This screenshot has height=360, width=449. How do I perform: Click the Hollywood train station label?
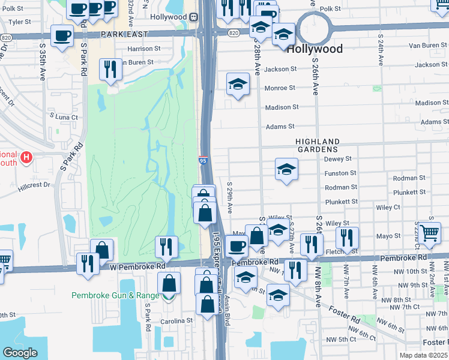point(169,17)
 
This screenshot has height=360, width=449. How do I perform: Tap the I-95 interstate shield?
point(205,161)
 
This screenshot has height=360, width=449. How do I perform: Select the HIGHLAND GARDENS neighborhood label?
point(317,145)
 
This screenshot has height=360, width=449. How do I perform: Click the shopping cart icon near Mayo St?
point(430,233)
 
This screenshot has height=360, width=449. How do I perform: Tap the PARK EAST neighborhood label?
point(124,35)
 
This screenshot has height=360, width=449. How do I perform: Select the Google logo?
point(20,353)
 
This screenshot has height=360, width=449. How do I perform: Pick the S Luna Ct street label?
point(64,117)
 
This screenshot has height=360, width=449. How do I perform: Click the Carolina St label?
point(176,320)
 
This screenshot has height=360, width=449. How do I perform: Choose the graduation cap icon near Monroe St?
point(238,85)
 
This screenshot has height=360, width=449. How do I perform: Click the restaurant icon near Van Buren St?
point(110,68)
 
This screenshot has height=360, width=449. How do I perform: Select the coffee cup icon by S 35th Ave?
point(62,37)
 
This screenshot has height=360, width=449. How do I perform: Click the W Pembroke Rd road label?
point(137,266)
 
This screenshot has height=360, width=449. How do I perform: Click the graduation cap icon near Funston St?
point(286,170)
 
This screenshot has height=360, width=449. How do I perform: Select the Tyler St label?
point(20,22)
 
